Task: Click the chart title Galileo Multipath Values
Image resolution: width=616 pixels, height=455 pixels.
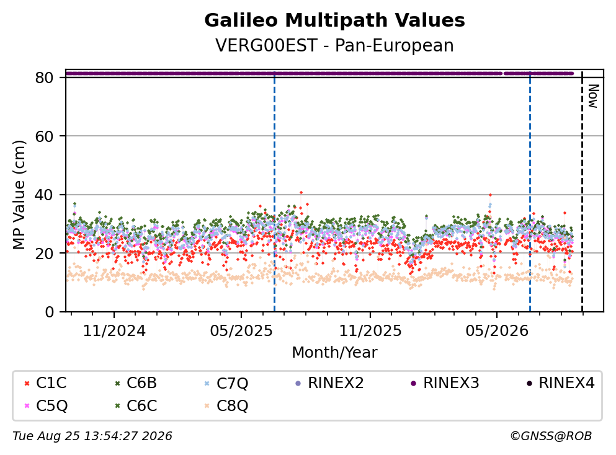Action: (334, 20)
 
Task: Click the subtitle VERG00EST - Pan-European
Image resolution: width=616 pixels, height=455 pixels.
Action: (334, 45)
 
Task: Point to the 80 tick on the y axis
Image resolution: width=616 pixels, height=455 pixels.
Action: (44, 77)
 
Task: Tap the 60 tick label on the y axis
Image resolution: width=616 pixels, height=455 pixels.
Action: (44, 136)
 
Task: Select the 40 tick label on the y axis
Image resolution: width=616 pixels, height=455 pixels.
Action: (44, 195)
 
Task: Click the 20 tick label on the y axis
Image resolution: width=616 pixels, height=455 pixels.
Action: (44, 253)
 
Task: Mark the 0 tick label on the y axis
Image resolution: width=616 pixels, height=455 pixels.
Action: (49, 312)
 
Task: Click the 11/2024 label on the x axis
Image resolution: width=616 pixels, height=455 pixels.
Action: (114, 331)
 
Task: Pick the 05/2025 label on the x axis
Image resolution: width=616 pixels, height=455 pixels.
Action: (241, 331)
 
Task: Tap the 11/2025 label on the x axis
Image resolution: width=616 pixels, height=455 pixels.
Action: (370, 331)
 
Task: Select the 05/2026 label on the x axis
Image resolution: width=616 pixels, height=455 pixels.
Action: (497, 331)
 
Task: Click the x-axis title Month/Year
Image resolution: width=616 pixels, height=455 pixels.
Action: (334, 353)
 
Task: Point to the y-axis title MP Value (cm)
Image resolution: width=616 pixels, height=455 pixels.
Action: (19, 195)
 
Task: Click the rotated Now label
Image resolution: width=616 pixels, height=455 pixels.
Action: (593, 96)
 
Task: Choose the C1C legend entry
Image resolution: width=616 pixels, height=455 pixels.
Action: (45, 382)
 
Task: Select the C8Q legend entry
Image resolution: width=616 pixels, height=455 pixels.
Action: (226, 405)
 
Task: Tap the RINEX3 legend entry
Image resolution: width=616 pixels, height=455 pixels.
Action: (445, 382)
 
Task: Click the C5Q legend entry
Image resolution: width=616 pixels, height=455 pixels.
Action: (45, 405)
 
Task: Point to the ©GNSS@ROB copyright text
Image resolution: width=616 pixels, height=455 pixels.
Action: (551, 436)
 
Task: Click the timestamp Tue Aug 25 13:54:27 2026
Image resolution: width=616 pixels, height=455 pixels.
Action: (92, 436)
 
